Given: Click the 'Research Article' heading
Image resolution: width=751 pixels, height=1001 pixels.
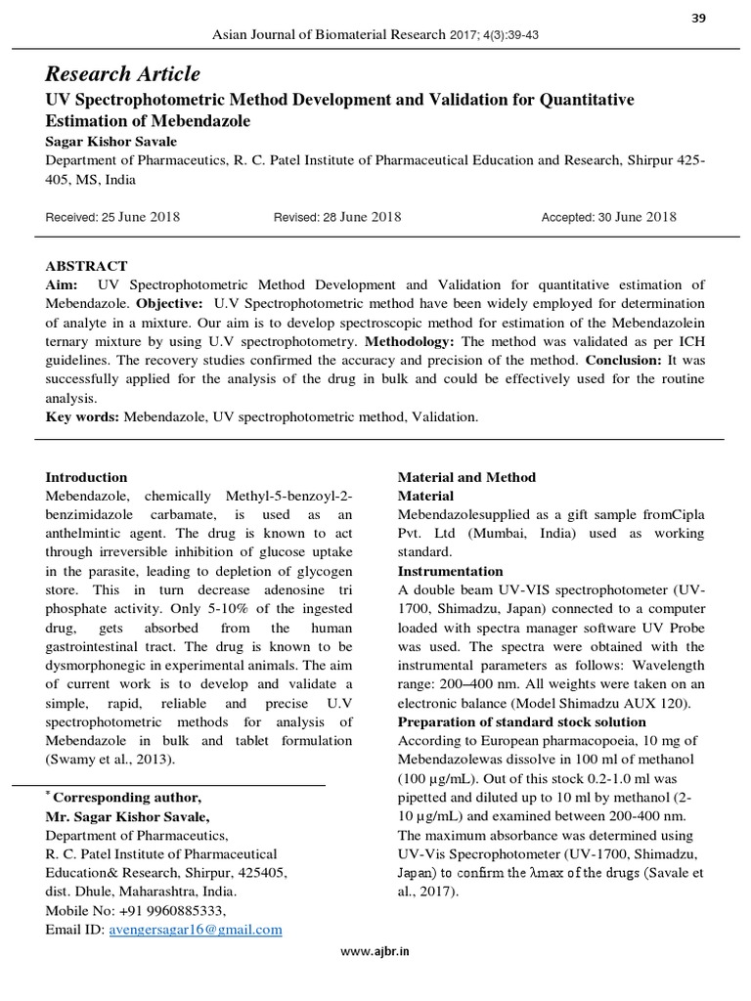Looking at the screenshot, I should click(123, 74).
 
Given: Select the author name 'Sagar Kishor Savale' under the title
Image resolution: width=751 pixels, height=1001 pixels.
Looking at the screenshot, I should click(112, 142).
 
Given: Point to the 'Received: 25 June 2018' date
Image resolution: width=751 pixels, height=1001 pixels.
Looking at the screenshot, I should click(112, 217).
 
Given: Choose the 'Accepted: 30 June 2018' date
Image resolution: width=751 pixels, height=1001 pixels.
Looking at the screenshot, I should click(608, 217).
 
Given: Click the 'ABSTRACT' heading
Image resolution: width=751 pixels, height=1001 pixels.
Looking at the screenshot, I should click(87, 266).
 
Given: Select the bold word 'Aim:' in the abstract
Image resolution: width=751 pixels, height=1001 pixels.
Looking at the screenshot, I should click(63, 284).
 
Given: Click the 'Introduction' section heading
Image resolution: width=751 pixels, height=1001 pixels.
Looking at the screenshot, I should click(87, 477).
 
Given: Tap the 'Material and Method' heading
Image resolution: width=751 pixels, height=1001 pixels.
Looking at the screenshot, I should click(466, 477).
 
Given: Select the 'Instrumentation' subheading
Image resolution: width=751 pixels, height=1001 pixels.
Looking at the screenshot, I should click(450, 571).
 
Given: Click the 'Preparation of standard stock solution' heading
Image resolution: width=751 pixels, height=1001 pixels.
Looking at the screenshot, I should click(521, 721).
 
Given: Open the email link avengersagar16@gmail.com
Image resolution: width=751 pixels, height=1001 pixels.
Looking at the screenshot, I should click(196, 930).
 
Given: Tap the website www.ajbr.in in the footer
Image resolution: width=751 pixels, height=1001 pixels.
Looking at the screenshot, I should click(375, 952).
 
